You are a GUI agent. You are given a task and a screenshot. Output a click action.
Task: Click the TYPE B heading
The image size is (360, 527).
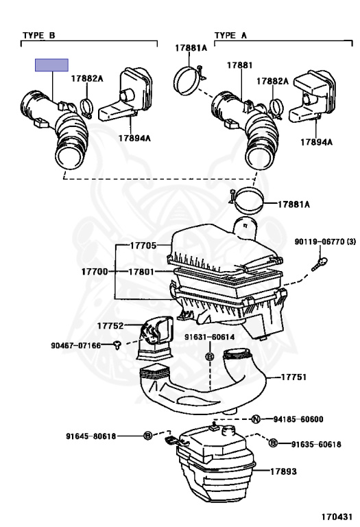[x=39, y=34]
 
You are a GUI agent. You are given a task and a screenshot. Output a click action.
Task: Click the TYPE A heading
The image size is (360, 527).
[x=231, y=34]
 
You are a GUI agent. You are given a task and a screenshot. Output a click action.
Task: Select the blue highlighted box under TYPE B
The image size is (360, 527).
[x=52, y=65]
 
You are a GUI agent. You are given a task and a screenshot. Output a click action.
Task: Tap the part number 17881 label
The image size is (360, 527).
[x=239, y=66]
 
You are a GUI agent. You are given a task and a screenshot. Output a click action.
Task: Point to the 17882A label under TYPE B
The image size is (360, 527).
[x=87, y=79]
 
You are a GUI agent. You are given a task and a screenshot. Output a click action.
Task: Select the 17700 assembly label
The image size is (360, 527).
[x=96, y=272]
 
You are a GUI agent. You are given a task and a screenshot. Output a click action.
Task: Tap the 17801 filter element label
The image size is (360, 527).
[x=143, y=272]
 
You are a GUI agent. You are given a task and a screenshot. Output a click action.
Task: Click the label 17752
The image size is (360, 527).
[x=110, y=325]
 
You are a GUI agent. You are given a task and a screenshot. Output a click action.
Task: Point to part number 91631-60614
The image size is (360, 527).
[x=209, y=337]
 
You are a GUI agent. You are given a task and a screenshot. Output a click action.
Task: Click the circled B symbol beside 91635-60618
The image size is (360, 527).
[x=273, y=444]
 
